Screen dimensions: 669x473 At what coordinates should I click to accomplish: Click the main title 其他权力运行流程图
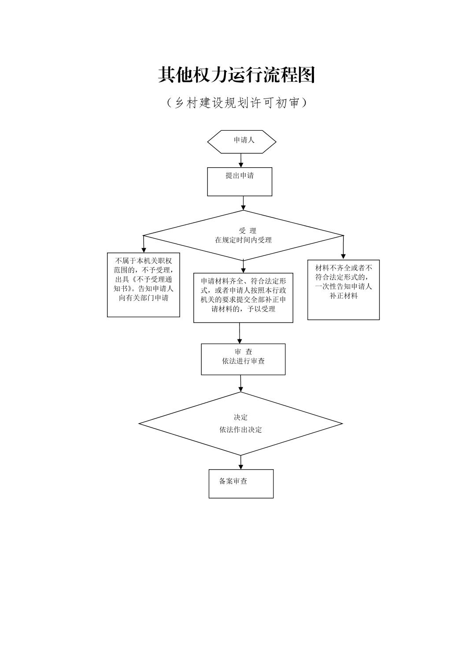click(x=236, y=75)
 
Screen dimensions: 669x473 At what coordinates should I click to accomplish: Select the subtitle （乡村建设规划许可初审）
click(x=236, y=103)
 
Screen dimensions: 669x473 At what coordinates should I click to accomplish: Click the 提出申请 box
click(x=240, y=181)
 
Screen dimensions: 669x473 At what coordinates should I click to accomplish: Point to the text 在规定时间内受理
click(x=243, y=240)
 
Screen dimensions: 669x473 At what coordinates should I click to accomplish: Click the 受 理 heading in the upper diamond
click(x=247, y=231)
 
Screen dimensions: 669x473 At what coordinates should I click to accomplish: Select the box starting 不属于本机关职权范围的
click(x=144, y=284)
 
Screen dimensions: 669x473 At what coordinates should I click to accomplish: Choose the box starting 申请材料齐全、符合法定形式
click(x=243, y=298)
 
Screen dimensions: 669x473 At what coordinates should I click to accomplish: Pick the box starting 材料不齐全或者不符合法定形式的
click(x=344, y=289)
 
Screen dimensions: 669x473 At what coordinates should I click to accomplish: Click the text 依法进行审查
click(x=244, y=361)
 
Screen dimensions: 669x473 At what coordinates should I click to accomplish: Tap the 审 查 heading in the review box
click(x=244, y=352)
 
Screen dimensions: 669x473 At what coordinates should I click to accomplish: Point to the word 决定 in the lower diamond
click(x=240, y=417)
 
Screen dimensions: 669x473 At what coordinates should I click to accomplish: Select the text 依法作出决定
click(x=240, y=430)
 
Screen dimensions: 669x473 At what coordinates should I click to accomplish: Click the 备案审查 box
click(x=241, y=483)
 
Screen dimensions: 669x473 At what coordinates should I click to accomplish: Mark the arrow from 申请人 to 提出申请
click(x=241, y=160)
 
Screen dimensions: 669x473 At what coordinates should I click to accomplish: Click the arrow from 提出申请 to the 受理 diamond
click(x=243, y=203)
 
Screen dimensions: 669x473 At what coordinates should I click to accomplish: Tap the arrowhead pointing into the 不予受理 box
click(x=144, y=250)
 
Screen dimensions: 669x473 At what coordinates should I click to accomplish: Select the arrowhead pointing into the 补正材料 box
click(x=344, y=256)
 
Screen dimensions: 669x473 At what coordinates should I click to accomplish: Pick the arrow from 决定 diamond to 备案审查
click(x=241, y=462)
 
